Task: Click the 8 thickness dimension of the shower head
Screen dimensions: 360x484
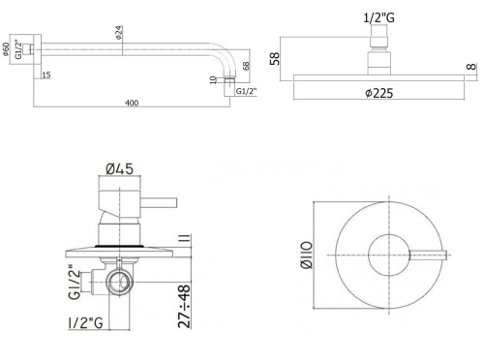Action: (x=471, y=67)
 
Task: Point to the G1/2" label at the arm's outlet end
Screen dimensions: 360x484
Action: (x=247, y=92)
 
